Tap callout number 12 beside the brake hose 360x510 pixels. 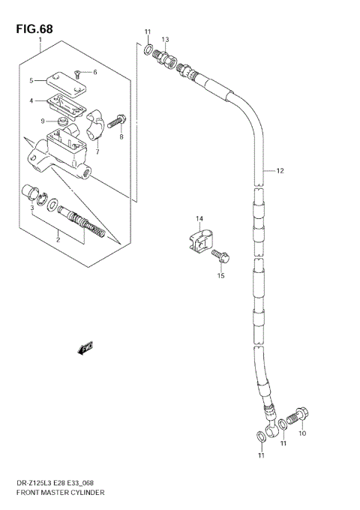click(280, 171)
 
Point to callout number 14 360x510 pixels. click(199, 219)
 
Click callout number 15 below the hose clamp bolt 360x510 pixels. click(220, 275)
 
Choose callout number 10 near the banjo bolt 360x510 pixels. click(303, 433)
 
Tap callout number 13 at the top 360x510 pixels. click(165, 39)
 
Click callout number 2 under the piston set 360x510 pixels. click(57, 241)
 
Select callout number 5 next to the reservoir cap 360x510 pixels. click(31, 80)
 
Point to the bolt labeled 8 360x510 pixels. click(118, 119)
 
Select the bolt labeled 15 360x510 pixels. click(221, 258)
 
